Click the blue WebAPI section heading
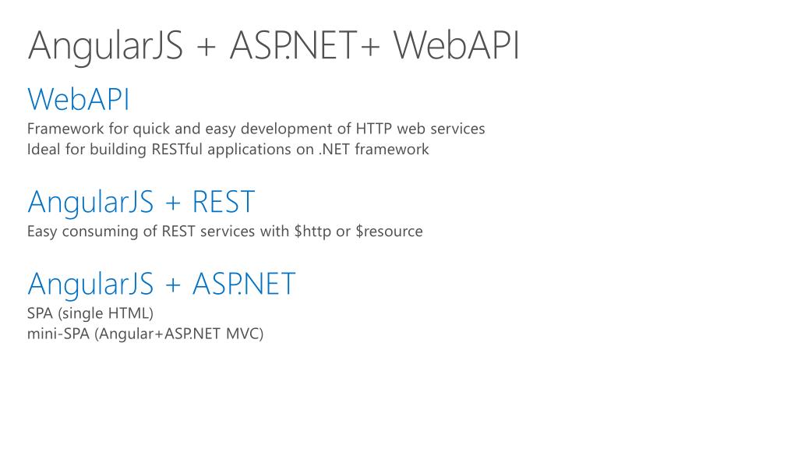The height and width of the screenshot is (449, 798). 79,100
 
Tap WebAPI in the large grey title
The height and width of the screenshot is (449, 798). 457,45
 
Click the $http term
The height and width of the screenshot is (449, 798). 312,232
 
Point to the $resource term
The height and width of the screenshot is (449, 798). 389,232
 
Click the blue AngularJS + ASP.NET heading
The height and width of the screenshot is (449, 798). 161,283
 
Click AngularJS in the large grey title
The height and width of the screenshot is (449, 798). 105,45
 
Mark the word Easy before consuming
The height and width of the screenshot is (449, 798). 41,232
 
